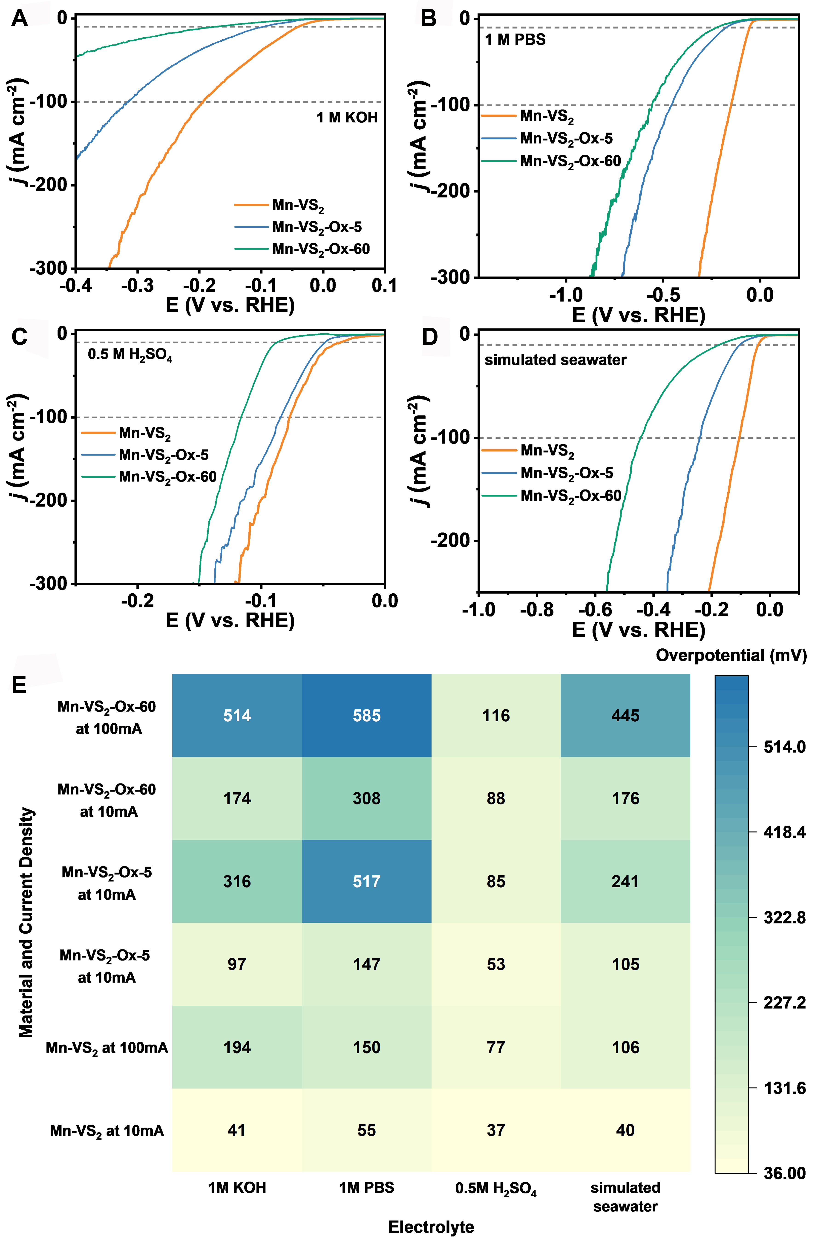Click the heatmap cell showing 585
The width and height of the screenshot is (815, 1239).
coord(366,715)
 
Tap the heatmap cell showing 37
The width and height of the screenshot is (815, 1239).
coord(495,1130)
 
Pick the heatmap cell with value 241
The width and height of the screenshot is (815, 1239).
coord(625,881)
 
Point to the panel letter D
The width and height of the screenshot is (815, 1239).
coord(430,337)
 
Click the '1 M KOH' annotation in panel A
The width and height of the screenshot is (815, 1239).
coord(347,118)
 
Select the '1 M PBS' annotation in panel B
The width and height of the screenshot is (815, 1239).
coord(515,40)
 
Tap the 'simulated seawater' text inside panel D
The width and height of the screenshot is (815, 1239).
coord(555,360)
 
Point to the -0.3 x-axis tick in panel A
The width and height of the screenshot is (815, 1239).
coord(137,285)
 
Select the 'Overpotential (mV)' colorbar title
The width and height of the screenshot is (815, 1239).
coord(731,655)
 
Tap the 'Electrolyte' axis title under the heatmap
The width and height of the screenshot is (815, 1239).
coord(431,1223)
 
